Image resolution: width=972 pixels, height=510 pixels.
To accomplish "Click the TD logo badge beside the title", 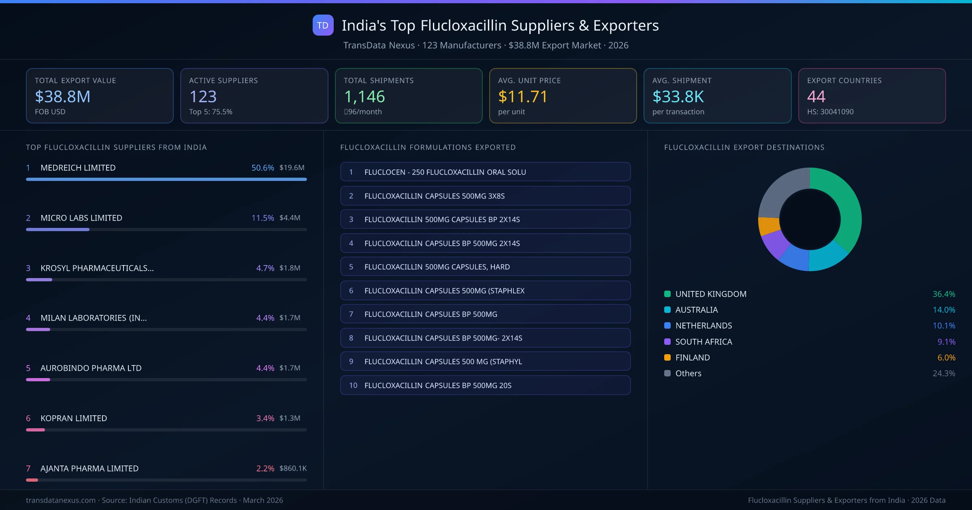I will (323, 25).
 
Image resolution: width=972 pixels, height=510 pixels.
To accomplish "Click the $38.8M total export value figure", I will (63, 96).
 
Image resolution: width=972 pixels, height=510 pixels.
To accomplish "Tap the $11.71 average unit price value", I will (522, 96).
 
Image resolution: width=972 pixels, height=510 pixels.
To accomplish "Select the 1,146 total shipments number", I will (364, 96).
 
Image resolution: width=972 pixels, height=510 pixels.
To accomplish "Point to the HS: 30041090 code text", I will (830, 112).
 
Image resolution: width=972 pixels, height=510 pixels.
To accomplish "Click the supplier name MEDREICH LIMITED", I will (78, 168).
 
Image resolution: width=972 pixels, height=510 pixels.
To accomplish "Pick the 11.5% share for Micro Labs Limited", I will (262, 218).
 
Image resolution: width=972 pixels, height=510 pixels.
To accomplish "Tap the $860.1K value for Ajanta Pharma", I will (293, 468).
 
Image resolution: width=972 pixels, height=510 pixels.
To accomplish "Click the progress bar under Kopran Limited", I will (166, 430).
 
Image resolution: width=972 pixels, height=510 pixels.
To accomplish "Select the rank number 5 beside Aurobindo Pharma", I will (28, 368).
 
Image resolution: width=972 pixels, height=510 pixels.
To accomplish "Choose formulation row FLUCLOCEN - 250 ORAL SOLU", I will (485, 172).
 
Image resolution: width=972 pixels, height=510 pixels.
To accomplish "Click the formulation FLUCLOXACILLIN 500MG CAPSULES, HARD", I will (485, 267).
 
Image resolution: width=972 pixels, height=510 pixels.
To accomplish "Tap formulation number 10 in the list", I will (353, 385).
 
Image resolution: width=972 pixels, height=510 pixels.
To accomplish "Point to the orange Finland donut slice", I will (769, 226).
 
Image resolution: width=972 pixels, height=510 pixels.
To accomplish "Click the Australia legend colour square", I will (667, 310).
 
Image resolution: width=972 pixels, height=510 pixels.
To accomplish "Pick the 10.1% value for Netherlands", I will (944, 325).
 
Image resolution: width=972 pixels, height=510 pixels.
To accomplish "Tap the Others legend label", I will (688, 373).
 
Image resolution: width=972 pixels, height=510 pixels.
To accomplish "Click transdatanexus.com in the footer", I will (61, 500).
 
